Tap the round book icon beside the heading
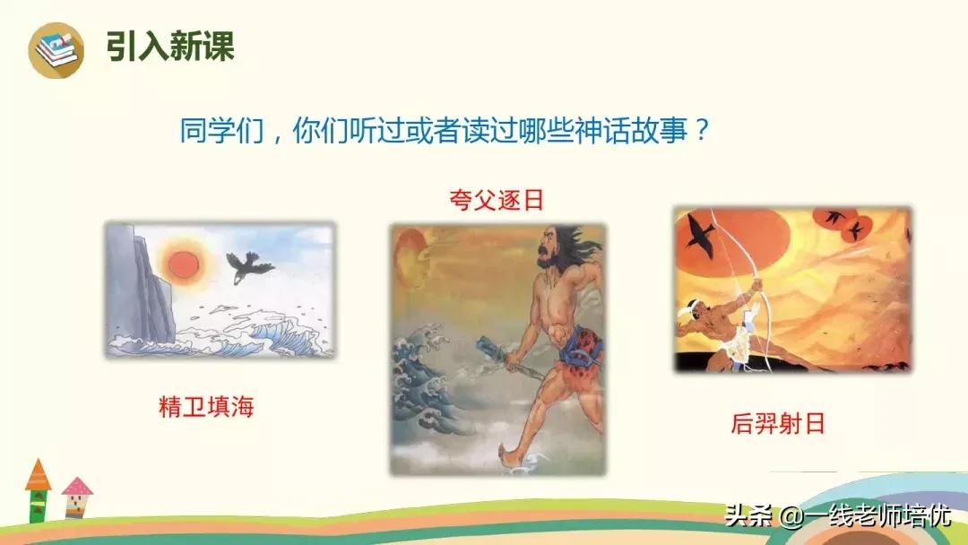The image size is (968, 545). [x=56, y=49]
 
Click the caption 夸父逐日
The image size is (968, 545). [x=497, y=199]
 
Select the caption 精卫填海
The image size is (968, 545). [x=206, y=407]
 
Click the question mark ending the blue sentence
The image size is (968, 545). [x=702, y=132]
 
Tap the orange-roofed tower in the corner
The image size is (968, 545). [x=39, y=489]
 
